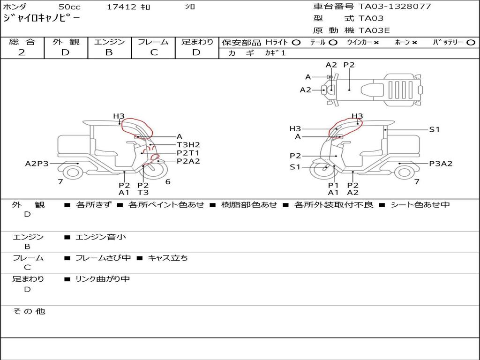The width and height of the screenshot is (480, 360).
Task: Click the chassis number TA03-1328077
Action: tap(395, 6)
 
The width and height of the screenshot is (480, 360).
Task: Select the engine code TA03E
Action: tap(374, 30)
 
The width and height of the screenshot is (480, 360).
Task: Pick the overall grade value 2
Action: tap(22, 52)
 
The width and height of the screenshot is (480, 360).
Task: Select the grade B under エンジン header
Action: tap(109, 52)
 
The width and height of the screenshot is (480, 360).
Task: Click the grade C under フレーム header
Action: tap(154, 52)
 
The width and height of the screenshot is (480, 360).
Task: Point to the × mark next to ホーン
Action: tap(414, 43)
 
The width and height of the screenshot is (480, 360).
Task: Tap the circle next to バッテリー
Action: tap(471, 43)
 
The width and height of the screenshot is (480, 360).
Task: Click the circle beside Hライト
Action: tap(296, 43)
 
